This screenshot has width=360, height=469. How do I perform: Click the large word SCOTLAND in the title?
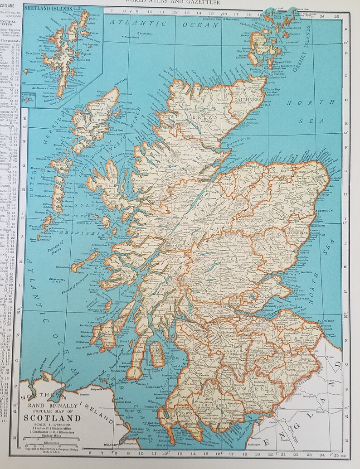tap(52, 418)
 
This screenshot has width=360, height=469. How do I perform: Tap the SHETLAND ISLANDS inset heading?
tap(48, 8)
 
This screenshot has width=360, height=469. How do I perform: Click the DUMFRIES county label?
tap(246, 389)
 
